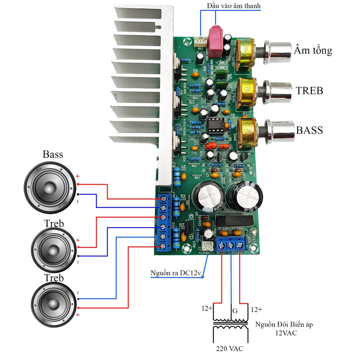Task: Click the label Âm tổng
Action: click(313, 50)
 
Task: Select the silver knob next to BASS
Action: click(281, 130)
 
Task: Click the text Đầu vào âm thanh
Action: click(234, 6)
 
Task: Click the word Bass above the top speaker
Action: click(53, 154)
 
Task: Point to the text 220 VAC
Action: click(230, 348)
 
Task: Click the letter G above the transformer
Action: click(234, 310)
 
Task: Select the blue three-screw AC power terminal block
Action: click(231, 244)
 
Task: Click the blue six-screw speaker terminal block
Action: click(163, 222)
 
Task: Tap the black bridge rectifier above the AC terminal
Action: click(234, 220)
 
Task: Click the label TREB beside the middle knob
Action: click(309, 91)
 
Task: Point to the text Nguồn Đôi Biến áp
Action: click(284, 324)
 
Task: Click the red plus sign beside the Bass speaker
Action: click(78, 176)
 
